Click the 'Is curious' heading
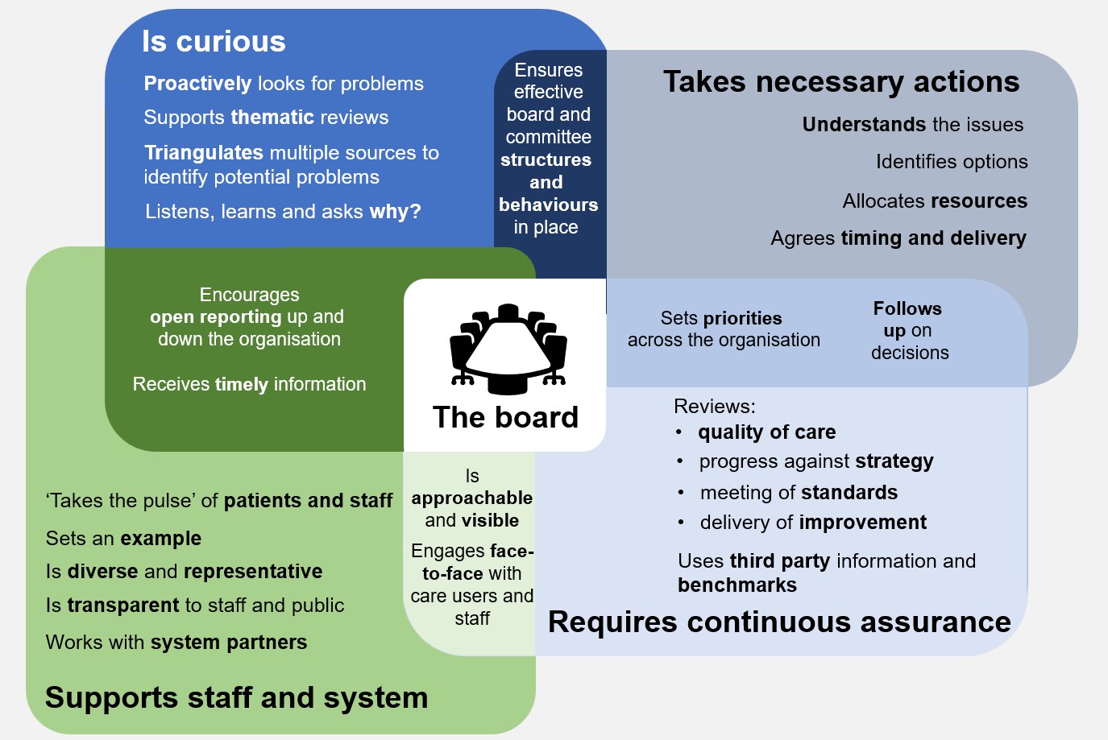tap(214, 41)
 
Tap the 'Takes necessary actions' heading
tap(841, 81)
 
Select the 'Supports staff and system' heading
tap(236, 698)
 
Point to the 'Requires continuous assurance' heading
tap(779, 622)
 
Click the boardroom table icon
tap(508, 349)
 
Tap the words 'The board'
tap(505, 417)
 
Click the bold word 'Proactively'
tap(198, 84)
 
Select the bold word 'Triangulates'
tap(203, 153)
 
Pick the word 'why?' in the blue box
tap(395, 212)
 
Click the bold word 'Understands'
tap(864, 125)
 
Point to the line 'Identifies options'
tap(952, 162)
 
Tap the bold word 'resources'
tap(979, 201)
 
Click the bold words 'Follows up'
tap(907, 320)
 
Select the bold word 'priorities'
tap(742, 318)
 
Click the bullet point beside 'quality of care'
tap(679, 432)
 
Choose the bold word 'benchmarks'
tap(737, 585)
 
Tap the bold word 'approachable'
tap(472, 498)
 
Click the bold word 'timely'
tap(242, 384)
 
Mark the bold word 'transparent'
tap(123, 606)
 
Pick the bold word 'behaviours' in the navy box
tap(548, 205)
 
